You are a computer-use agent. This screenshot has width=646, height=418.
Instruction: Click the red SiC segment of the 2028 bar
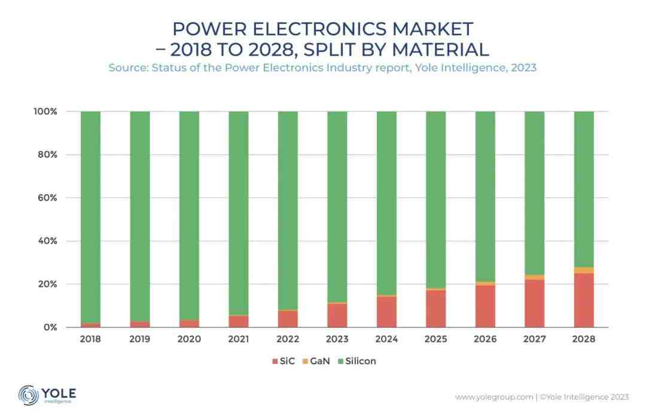pos(584,300)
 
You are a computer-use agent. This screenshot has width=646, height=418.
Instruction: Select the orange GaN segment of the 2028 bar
pos(584,271)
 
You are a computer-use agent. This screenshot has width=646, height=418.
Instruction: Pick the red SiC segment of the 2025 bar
pos(435,308)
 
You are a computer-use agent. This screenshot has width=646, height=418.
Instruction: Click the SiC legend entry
pos(283,361)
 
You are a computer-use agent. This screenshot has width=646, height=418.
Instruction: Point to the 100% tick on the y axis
pos(45,111)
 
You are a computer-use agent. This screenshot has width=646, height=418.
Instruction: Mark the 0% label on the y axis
pos(50,328)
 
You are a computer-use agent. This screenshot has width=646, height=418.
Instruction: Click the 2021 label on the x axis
pos(238,339)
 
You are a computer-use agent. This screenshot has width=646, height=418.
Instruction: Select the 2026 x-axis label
pos(485,339)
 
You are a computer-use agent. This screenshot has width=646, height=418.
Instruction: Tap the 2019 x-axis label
pos(139,339)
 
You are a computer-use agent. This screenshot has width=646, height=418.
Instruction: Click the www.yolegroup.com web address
pos(494,396)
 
